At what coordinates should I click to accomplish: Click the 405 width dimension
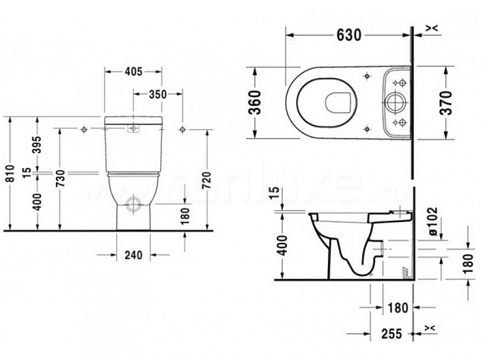(x=134, y=71)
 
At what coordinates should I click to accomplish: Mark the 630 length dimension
(x=348, y=35)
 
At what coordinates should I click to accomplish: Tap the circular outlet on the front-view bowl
(x=134, y=200)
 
